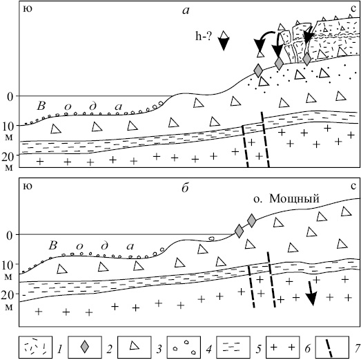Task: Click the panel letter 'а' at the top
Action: coord(186,11)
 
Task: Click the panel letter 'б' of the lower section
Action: coord(185,188)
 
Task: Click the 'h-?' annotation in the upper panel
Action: coord(204,37)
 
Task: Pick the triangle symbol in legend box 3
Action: coord(134,345)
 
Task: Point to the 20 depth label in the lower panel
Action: coord(8,295)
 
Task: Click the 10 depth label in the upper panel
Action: coord(8,126)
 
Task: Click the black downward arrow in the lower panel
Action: coord(311,293)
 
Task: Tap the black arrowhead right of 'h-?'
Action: coord(224,44)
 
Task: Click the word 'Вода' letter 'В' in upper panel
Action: coord(41,106)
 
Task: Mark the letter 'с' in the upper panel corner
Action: coord(353,10)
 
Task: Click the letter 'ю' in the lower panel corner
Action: coord(28,187)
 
